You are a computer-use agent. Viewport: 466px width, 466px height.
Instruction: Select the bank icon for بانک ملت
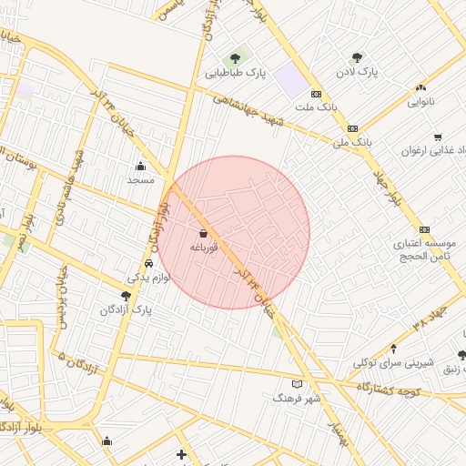316,94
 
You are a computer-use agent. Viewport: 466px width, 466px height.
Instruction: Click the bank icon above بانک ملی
352,128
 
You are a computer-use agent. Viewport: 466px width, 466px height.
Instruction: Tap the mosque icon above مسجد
140,166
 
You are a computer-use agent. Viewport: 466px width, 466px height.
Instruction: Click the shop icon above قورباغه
202,233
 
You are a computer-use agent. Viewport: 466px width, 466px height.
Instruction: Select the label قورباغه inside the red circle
202,247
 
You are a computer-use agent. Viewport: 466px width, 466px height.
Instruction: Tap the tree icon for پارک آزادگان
126,295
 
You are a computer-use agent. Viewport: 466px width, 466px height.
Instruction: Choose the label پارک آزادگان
127,309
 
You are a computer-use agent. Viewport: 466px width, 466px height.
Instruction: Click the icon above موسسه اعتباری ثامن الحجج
424,229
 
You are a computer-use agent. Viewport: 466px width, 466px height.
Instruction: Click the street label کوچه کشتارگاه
402,389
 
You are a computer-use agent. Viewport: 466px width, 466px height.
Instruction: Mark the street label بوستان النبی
22,165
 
